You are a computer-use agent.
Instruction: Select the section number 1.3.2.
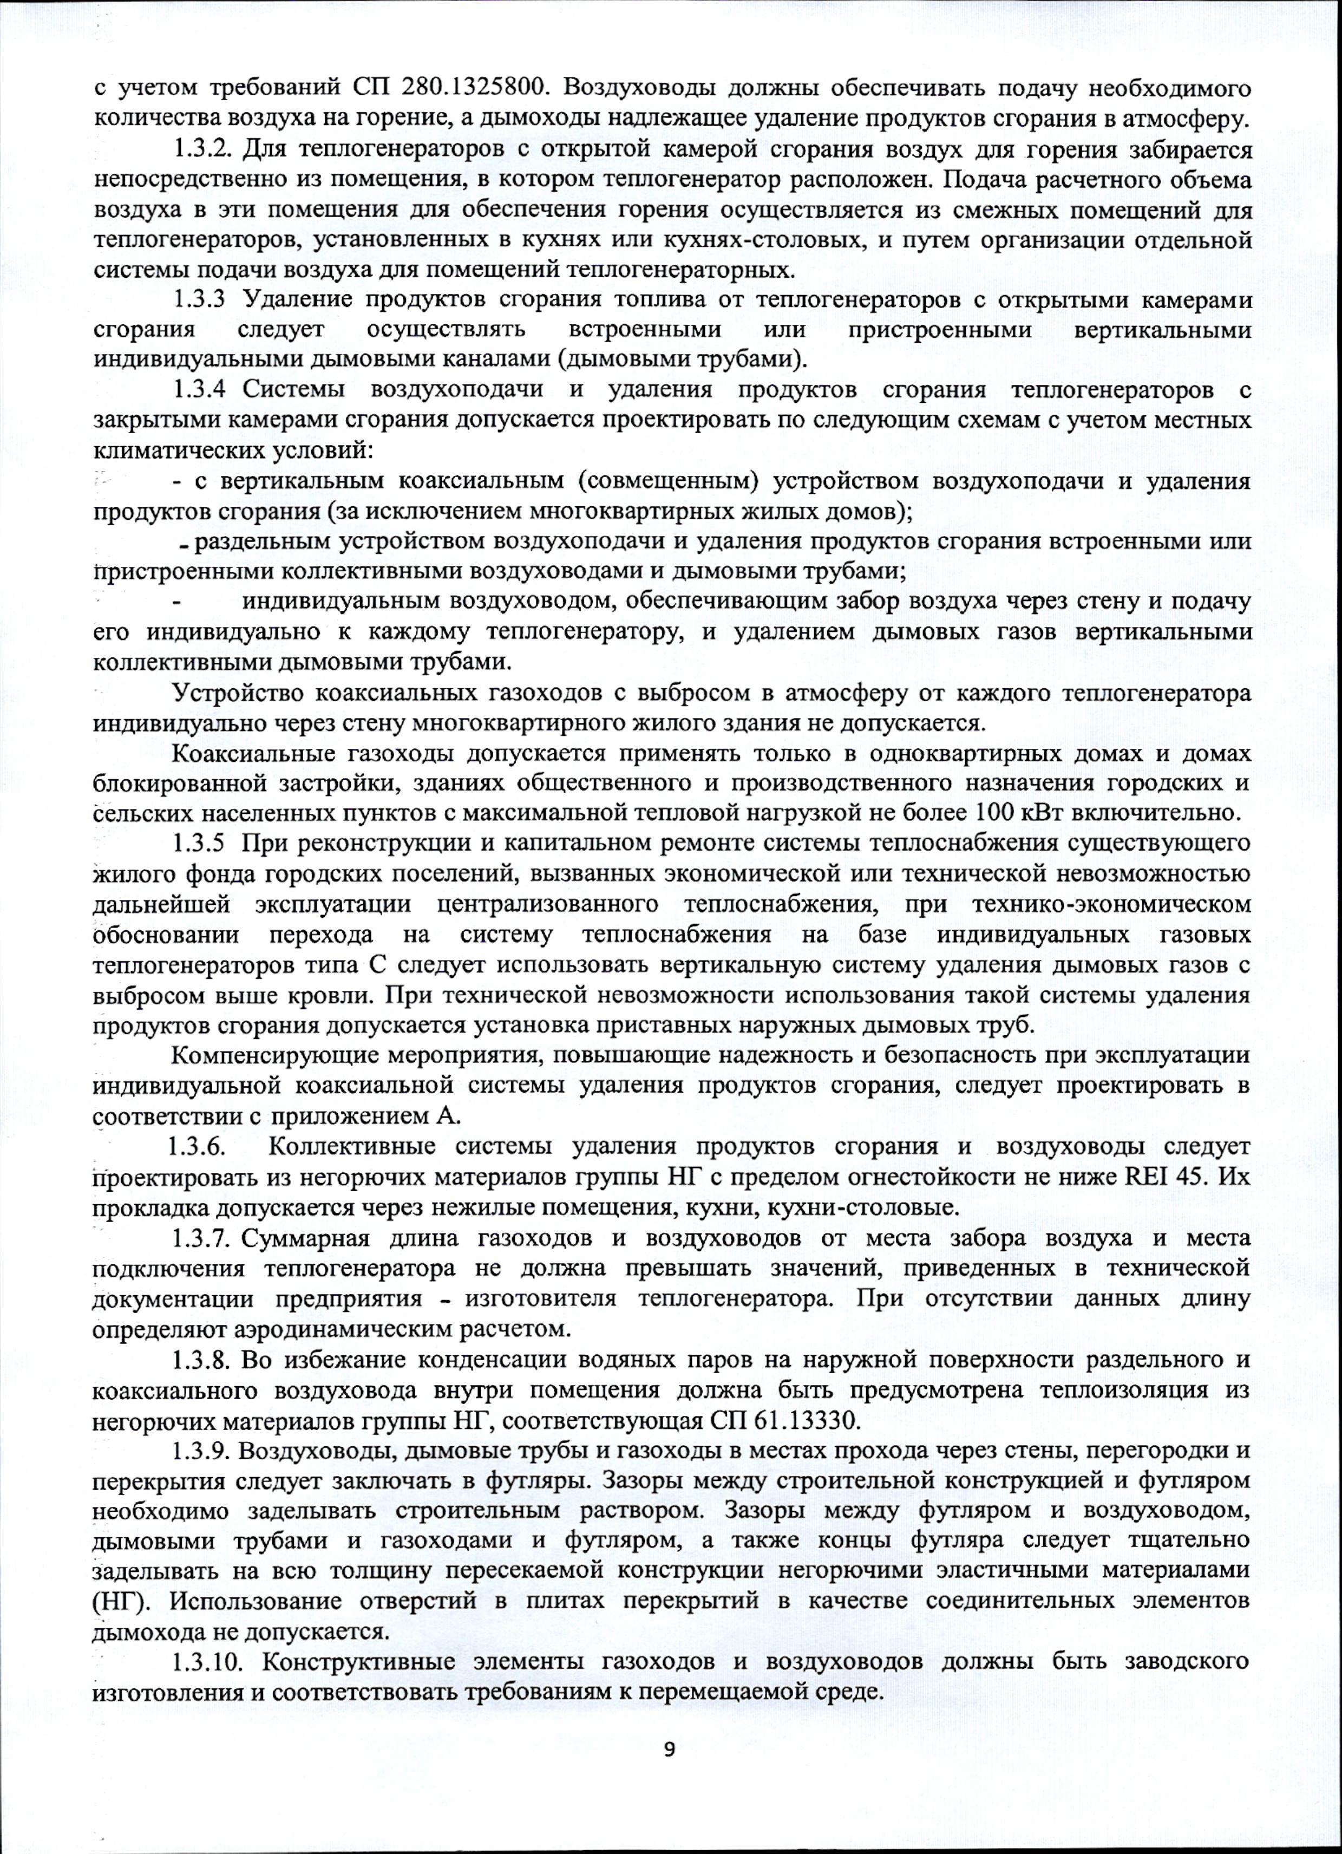click(202, 151)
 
